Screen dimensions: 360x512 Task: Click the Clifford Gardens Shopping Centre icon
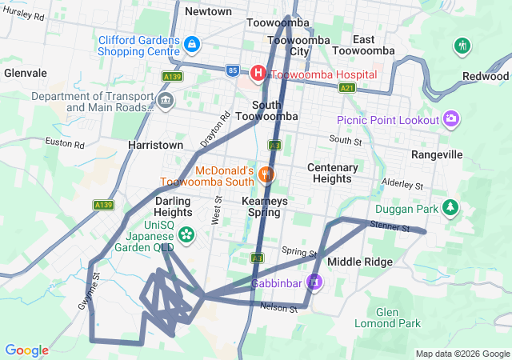point(192,42)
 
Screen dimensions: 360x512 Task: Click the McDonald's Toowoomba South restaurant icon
point(266,174)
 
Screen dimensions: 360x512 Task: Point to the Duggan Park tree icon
point(451,208)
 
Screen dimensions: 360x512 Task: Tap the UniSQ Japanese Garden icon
point(186,234)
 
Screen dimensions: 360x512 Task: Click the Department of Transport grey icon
point(166,101)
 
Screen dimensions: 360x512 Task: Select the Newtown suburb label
point(208,11)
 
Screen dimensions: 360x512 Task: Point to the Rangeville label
point(437,154)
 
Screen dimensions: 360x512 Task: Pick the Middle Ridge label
point(360,262)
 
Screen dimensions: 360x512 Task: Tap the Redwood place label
point(485,76)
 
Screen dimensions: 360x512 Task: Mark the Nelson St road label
point(278,308)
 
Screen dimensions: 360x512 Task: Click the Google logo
point(26,350)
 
